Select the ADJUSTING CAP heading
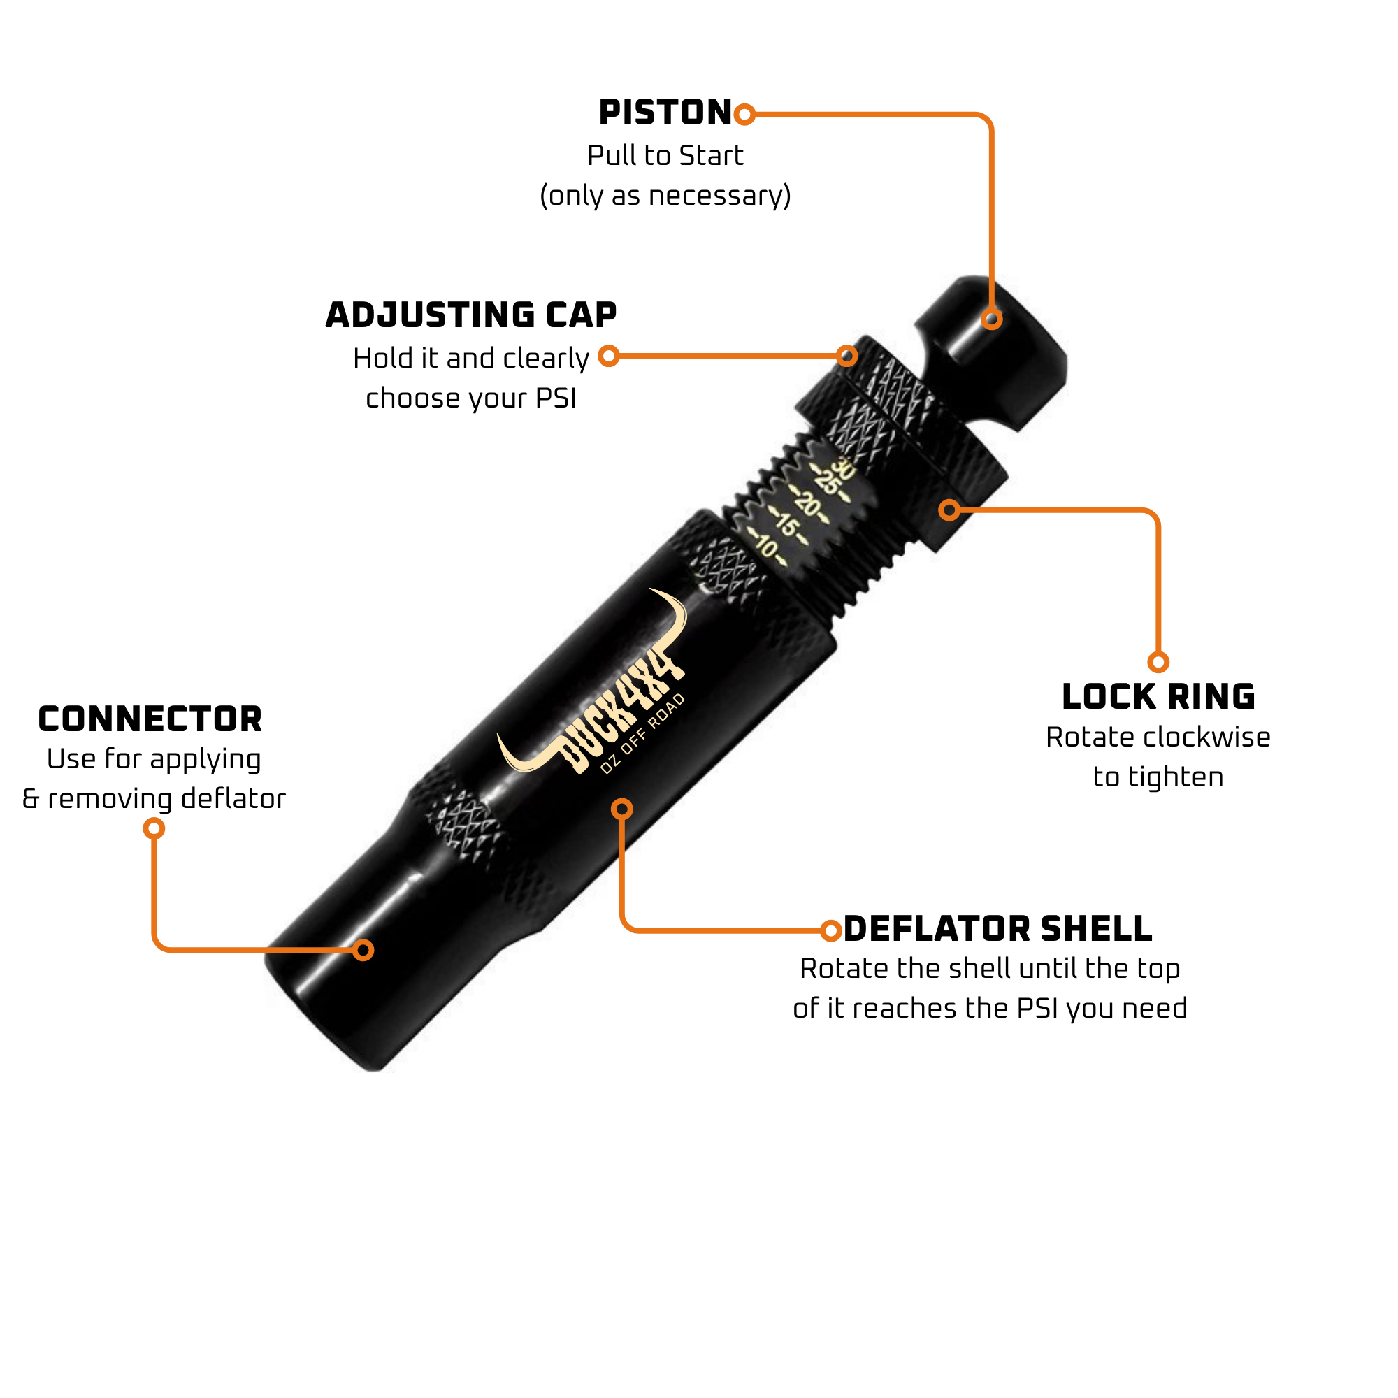pos(471,315)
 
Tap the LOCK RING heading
pos(1158,697)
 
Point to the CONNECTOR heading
pos(150,719)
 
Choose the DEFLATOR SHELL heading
pos(998,928)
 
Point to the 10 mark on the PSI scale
pos(765,548)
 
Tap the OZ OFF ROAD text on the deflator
pos(642,733)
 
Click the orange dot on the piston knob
pos(991,318)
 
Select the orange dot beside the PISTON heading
pos(744,115)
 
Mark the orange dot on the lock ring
pos(949,510)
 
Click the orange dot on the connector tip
pos(363,949)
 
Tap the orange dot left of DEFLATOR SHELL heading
pos(831,930)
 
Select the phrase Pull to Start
pos(665,156)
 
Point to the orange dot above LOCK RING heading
pos(1158,662)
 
